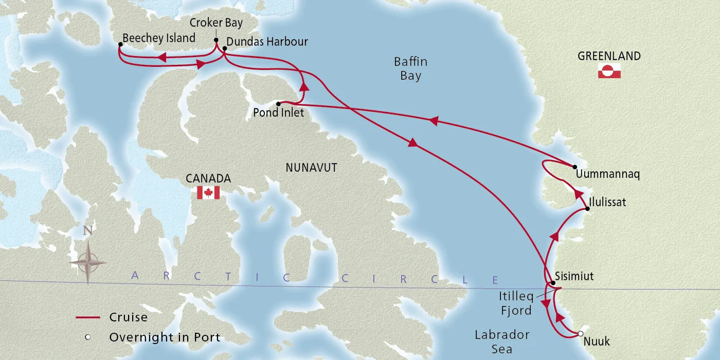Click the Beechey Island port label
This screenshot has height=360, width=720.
tap(159, 38)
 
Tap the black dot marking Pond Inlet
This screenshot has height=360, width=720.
tap(278, 103)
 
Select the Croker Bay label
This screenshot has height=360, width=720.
tap(216, 23)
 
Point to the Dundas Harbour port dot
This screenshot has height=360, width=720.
tap(225, 49)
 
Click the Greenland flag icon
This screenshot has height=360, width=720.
tap(609, 71)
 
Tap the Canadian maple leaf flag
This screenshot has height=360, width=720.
tap(208, 193)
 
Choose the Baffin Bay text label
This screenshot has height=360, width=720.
tap(410, 69)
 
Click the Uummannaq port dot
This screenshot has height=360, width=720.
tap(575, 167)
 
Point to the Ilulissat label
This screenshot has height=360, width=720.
tap(609, 202)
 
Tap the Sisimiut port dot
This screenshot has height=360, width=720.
tap(553, 283)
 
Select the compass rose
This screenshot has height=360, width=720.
tap(88, 262)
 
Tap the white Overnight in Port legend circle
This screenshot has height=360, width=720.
tap(88, 337)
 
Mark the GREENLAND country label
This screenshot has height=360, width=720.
tap(609, 56)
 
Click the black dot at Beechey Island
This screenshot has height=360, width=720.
tap(120, 45)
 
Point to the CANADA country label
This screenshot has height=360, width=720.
tap(208, 178)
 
